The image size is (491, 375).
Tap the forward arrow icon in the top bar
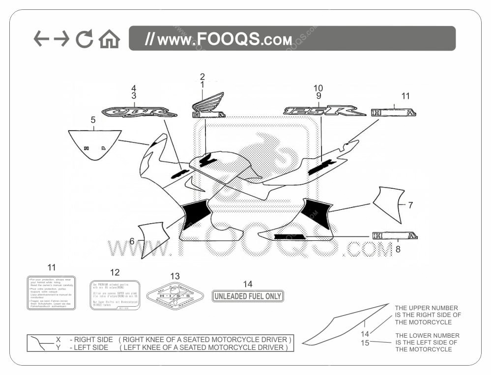62,39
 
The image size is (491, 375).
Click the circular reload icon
84,39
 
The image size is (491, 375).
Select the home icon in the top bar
109,39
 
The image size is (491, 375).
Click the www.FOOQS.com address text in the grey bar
219,39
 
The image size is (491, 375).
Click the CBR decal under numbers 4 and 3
139,112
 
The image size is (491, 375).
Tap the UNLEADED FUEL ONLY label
248,296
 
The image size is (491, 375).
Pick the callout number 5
93,120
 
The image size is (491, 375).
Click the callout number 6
132,241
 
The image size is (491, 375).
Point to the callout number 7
410,205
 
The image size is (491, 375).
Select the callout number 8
398,249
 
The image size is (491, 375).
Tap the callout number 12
115,272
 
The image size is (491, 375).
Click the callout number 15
365,343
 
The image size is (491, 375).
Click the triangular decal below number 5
94,144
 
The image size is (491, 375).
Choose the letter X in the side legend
58,340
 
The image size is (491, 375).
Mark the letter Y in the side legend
58,347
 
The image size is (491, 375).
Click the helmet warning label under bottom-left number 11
51,292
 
